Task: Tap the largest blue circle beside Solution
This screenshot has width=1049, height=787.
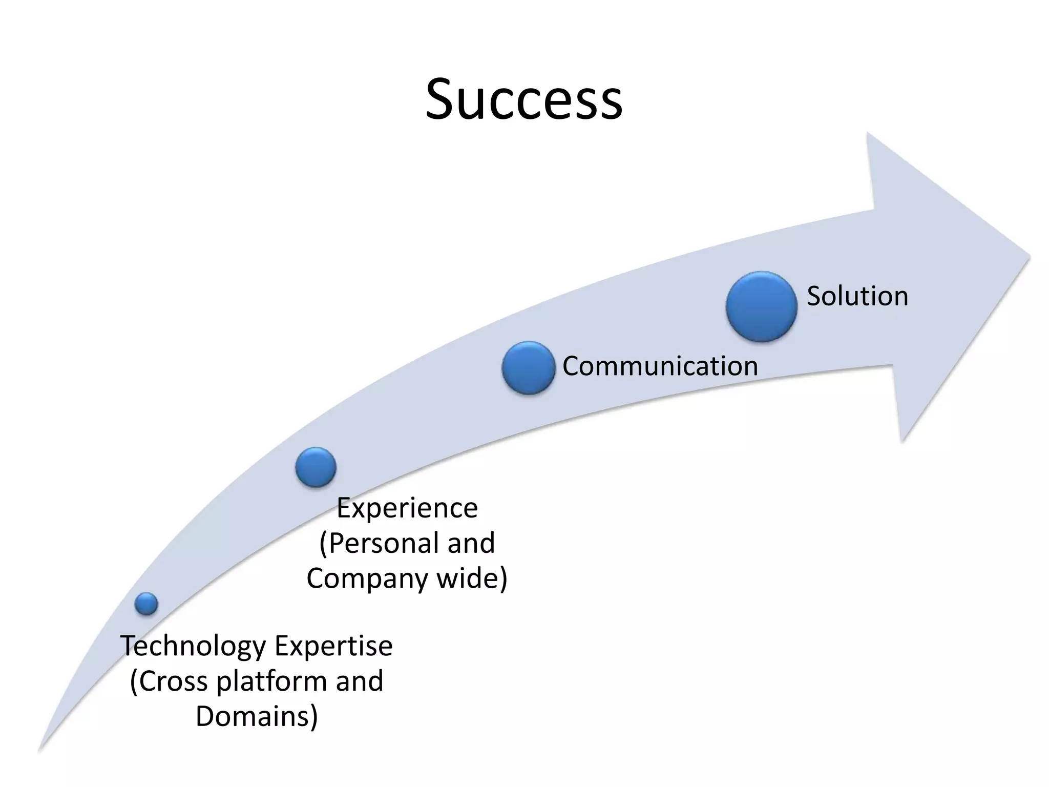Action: (x=761, y=306)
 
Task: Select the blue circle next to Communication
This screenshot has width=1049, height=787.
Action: (x=528, y=368)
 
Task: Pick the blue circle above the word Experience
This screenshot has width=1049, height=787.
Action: (x=316, y=467)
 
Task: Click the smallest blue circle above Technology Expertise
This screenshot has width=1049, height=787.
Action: (x=146, y=604)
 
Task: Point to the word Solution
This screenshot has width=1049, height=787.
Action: (x=857, y=296)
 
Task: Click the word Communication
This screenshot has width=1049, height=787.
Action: (x=660, y=366)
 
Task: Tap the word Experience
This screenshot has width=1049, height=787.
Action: (x=407, y=508)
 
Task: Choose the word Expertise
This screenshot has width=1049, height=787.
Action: (x=334, y=647)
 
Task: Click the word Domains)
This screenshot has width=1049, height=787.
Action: (x=257, y=716)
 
